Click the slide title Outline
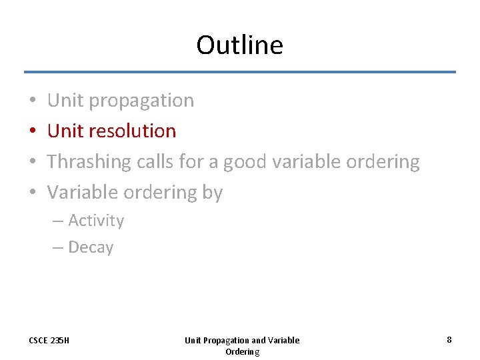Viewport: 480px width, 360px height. pyautogui.click(x=239, y=45)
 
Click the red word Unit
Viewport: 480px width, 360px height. pyautogui.click(x=65, y=131)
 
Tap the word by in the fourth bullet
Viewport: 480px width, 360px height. pyautogui.click(x=213, y=193)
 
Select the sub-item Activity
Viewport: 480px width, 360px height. pyautogui.click(x=96, y=221)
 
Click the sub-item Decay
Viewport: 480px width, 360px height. pyautogui.click(x=91, y=247)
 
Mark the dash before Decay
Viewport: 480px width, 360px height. pyautogui.click(x=58, y=247)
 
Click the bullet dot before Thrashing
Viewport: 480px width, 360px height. pyautogui.click(x=33, y=162)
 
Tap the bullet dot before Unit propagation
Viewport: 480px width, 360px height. pyautogui.click(x=33, y=101)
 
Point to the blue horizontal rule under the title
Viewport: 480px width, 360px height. pyautogui.click(x=240, y=72)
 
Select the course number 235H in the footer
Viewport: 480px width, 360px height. pyautogui.click(x=60, y=341)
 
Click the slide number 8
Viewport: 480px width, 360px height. pyautogui.click(x=449, y=340)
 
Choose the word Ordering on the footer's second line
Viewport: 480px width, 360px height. pyautogui.click(x=242, y=351)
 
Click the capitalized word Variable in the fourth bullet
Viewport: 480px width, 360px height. pyautogui.click(x=82, y=193)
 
